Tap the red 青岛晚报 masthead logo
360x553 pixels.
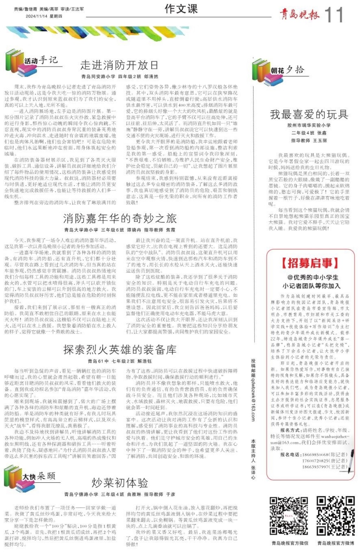coord(299,14)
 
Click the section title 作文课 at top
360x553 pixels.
coord(181,9)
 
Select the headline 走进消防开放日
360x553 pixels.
coord(119,65)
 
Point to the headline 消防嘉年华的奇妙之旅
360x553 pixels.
coord(120,218)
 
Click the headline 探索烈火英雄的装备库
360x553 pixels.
coord(120,349)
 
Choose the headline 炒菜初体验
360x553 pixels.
coord(120,483)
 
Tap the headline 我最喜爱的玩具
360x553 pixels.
coord(309,114)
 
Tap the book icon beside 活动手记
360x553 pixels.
coord(14,62)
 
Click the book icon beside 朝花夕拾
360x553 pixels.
coord(261,72)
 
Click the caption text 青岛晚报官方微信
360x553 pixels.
coord(290,543)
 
